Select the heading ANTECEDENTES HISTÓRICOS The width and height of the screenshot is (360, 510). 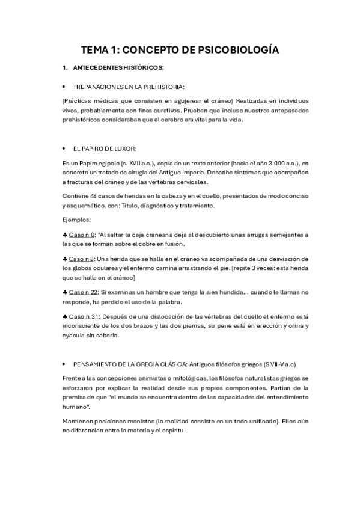click(118, 67)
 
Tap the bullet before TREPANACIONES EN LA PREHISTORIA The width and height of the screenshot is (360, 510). click(64, 86)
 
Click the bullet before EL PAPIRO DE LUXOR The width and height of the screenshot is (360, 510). click(64, 148)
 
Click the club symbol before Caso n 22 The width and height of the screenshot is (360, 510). click(64, 292)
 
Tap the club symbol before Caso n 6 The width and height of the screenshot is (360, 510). click(64, 235)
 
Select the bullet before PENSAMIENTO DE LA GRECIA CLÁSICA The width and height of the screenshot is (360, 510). click(64, 364)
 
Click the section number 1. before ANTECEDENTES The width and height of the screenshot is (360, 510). click(64, 67)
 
